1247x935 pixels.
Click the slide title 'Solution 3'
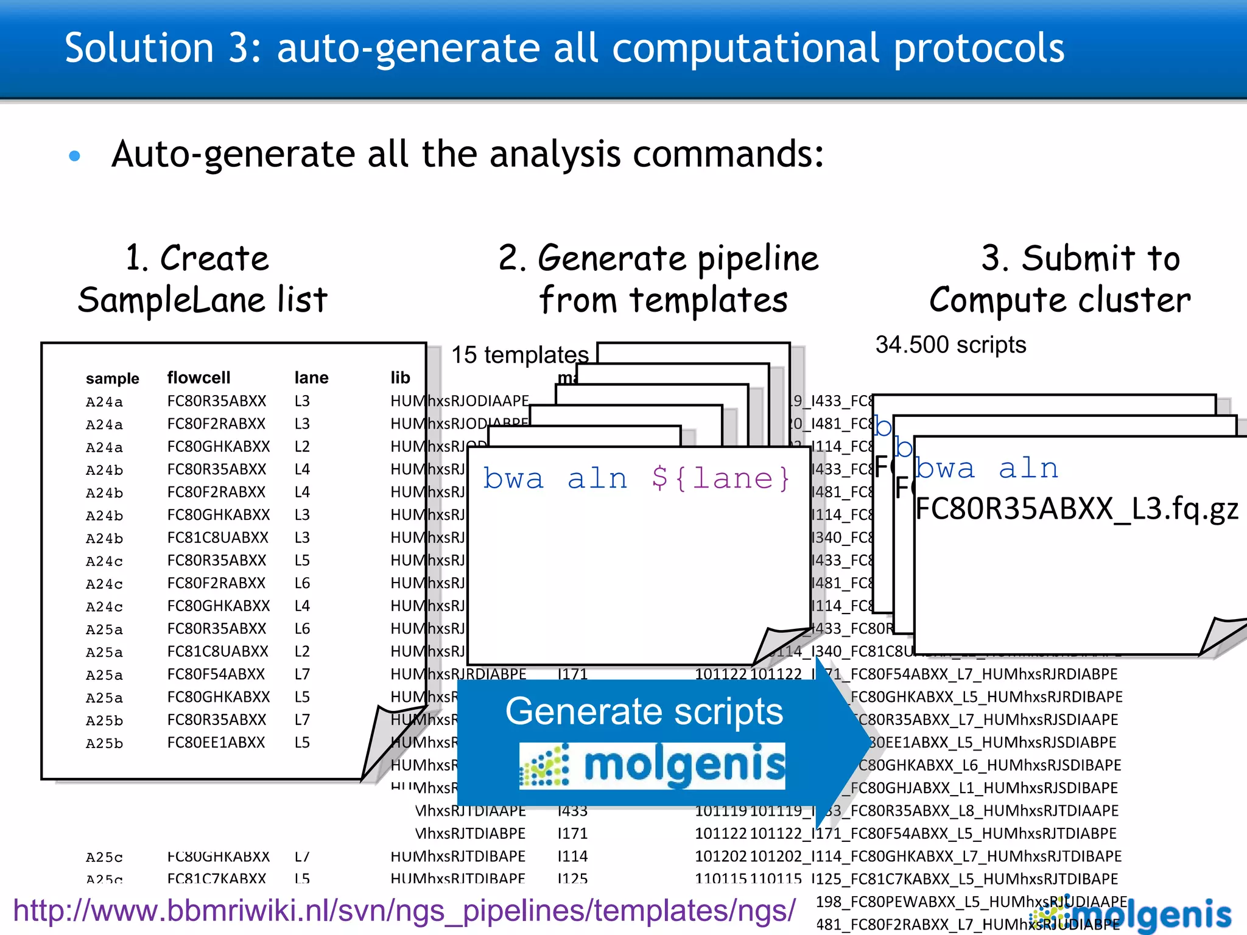[x=563, y=49]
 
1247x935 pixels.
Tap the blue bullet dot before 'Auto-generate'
[x=75, y=156]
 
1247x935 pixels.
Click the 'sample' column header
[x=112, y=379]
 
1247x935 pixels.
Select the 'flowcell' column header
[x=198, y=377]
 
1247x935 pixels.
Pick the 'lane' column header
[x=311, y=377]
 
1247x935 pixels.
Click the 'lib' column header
[x=400, y=377]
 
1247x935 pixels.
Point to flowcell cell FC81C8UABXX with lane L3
[x=217, y=538]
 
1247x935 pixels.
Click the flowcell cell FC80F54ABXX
[x=216, y=674]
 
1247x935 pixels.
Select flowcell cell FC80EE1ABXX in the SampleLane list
[x=216, y=743]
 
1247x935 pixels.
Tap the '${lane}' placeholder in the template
[x=720, y=479]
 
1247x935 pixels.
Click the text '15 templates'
[x=519, y=354]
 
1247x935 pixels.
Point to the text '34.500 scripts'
[x=950, y=345]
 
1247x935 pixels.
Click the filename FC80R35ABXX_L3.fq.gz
[x=1077, y=509]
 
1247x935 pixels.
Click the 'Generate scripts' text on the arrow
[x=644, y=711]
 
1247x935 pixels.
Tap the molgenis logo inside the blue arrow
[x=652, y=765]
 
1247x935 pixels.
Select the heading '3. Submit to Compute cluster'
[x=1060, y=279]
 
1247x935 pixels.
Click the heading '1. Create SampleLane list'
[x=202, y=279]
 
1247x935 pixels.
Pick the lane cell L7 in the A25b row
[x=302, y=720]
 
